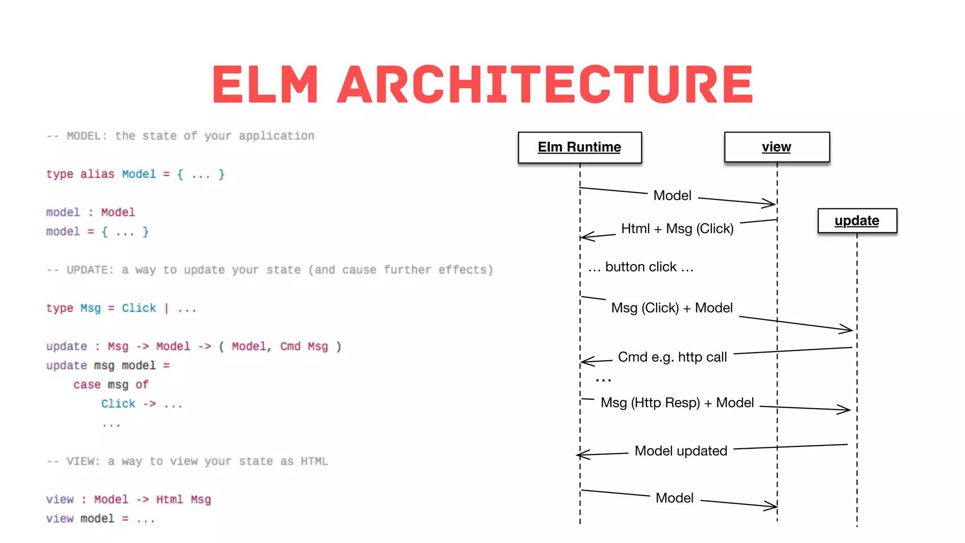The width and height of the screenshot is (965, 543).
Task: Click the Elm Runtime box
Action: [580, 148]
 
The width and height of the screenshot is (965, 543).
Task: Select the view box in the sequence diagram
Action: [777, 148]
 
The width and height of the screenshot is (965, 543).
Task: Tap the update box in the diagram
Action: [857, 221]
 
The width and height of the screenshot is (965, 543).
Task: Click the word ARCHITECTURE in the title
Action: [545, 84]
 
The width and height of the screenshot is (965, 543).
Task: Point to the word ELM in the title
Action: [265, 84]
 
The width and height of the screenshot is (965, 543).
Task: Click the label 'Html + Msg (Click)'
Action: [677, 229]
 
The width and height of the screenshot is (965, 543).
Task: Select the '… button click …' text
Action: [641, 267]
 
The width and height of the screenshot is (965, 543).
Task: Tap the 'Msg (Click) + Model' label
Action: [671, 308]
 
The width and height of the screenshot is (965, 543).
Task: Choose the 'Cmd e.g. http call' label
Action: [672, 357]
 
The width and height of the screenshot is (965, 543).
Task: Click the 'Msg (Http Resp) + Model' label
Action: [677, 403]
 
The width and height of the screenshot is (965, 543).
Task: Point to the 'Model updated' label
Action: [680, 451]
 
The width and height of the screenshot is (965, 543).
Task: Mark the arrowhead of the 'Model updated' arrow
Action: [581, 455]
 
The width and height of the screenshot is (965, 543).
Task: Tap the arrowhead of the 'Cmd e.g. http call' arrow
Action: [585, 362]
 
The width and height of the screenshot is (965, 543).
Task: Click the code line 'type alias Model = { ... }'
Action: [135, 174]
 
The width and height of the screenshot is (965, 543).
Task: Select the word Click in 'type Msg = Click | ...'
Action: [139, 308]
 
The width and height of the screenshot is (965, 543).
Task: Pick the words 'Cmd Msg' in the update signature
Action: [304, 347]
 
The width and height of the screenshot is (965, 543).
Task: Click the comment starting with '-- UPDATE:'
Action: [270, 270]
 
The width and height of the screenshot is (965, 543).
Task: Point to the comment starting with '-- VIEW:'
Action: [187, 461]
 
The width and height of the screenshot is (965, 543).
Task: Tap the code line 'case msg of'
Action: [111, 385]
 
